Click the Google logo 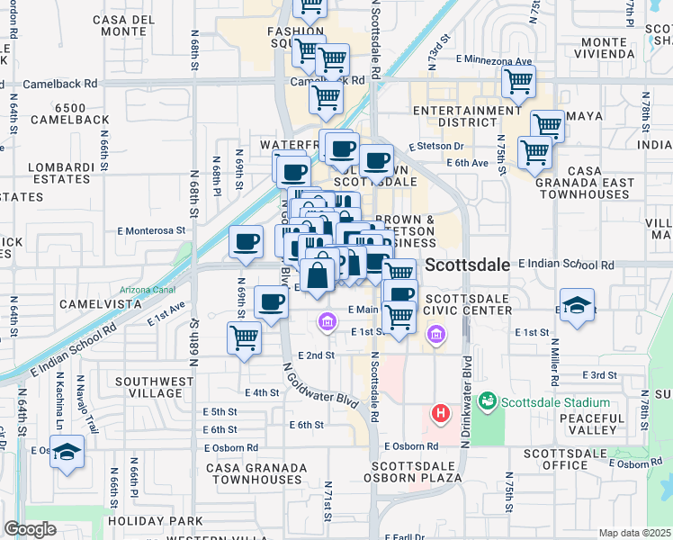(30, 529)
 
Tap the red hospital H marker (441, 414)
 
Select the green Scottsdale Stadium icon (488, 400)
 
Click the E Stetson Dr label (435, 146)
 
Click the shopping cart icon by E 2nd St (244, 338)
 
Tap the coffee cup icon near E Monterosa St (246, 240)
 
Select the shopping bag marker (319, 274)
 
